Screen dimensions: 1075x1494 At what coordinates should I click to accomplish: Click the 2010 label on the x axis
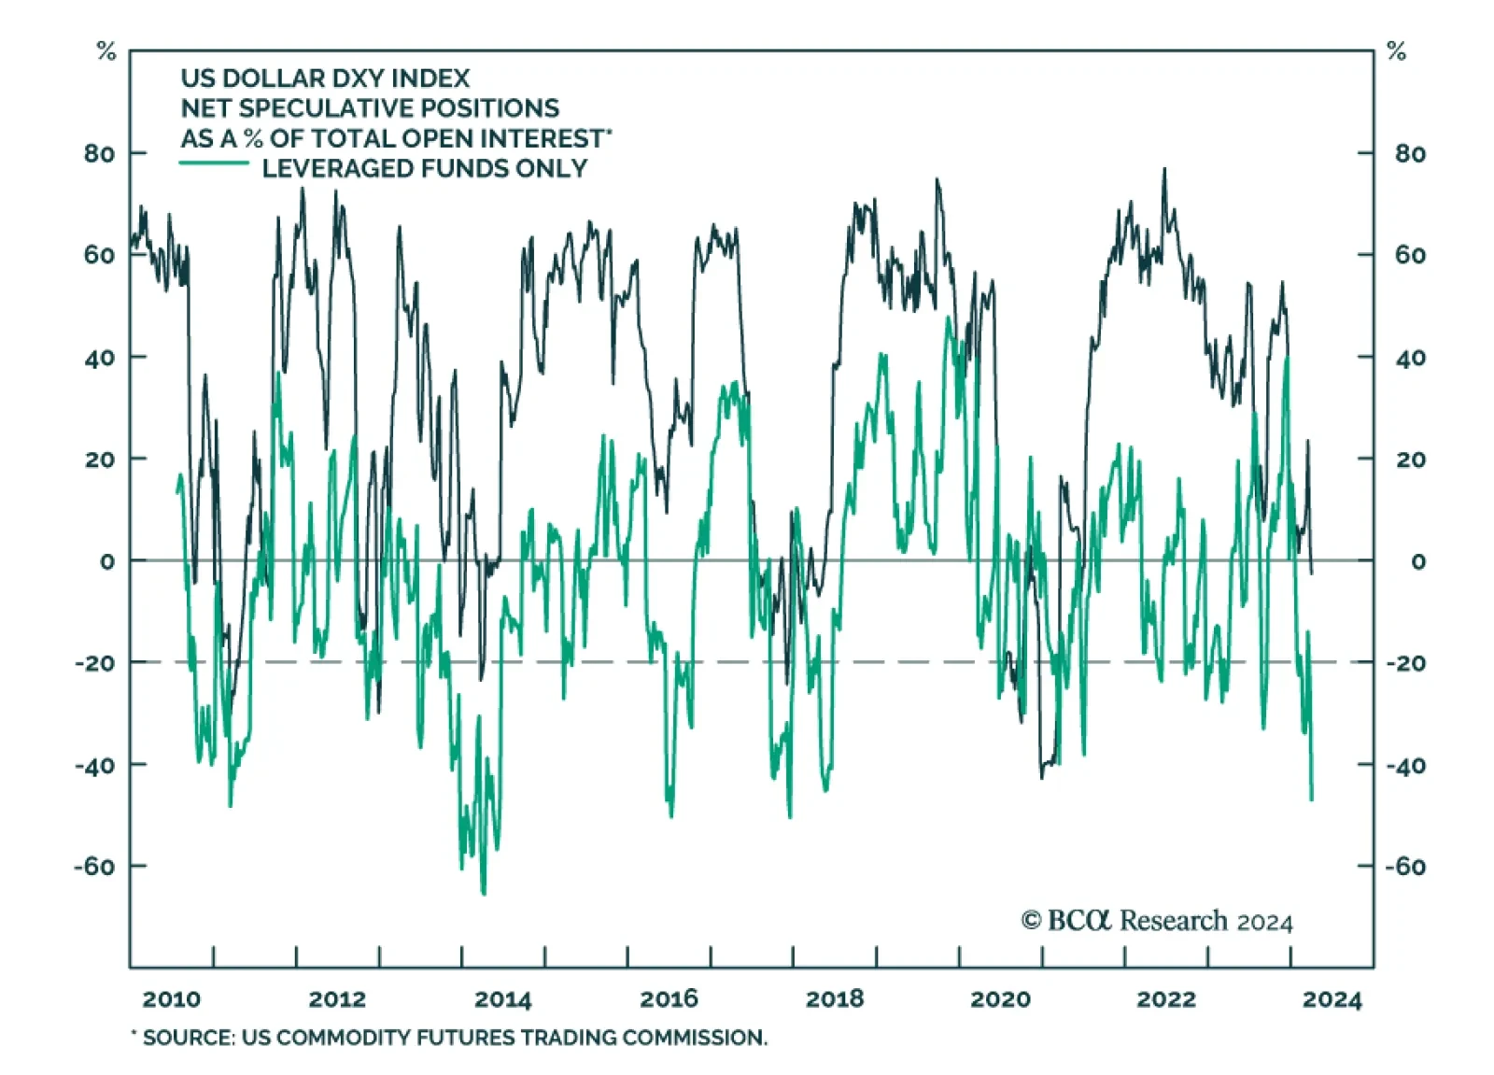tap(171, 999)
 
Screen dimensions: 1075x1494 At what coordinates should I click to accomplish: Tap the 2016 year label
tap(669, 999)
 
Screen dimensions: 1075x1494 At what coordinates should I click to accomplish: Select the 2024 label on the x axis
tap(1332, 999)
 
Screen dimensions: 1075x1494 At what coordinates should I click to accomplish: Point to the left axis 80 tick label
tap(99, 153)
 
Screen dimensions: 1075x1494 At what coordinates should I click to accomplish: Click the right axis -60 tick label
tap(1405, 867)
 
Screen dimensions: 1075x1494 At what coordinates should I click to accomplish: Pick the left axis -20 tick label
tap(95, 663)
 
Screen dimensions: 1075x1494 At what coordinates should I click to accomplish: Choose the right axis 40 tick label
tap(1410, 358)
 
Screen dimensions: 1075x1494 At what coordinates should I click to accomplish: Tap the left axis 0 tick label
tap(107, 561)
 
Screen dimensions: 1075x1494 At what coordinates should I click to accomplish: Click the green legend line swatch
tap(214, 164)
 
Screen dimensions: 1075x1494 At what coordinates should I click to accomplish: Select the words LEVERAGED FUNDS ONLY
tap(425, 168)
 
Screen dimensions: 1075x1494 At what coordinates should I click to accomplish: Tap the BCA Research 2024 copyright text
tap(1157, 921)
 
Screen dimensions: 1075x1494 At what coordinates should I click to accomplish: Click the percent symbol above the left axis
tap(106, 52)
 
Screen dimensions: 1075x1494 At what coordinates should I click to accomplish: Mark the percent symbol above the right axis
tap(1396, 52)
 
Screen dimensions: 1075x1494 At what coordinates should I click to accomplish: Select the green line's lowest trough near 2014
tap(484, 894)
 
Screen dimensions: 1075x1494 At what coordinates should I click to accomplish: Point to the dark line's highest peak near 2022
tap(1164, 169)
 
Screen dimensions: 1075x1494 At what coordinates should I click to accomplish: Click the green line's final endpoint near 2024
tap(1312, 799)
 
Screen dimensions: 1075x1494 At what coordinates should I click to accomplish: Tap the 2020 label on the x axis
tap(1000, 999)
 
